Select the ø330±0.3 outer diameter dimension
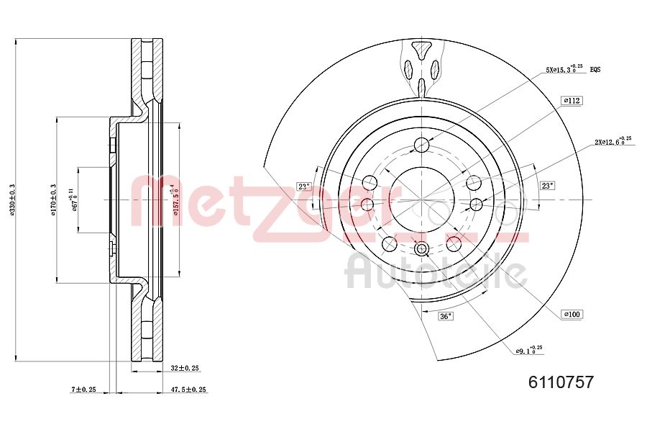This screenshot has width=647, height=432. (x=12, y=199)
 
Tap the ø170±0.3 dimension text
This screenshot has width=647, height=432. (x=52, y=199)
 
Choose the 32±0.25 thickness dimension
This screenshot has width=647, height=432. (x=185, y=368)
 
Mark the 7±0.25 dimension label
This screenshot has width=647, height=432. (x=84, y=390)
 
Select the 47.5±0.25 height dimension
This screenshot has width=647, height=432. (x=188, y=390)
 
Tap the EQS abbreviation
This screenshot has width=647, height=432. (x=595, y=70)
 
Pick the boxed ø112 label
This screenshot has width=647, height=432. (x=572, y=101)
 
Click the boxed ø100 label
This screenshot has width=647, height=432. (x=572, y=314)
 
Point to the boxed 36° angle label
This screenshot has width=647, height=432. (x=446, y=315)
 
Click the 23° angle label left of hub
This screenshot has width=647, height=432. (x=304, y=186)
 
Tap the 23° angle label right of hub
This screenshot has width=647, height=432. (x=548, y=186)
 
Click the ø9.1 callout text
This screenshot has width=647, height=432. (x=528, y=351)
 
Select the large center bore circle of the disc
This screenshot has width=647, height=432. (x=421, y=199)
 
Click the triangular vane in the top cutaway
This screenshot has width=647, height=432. (x=421, y=50)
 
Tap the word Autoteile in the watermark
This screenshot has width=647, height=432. (x=436, y=272)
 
